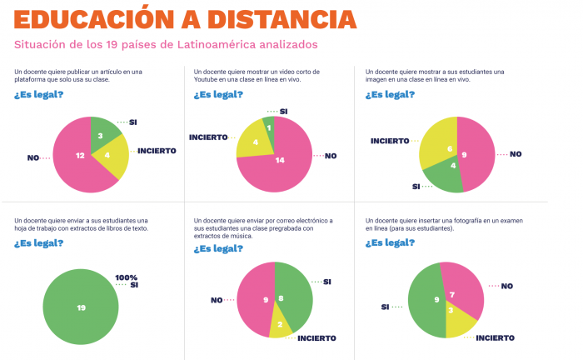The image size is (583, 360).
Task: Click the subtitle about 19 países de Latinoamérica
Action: (x=166, y=44)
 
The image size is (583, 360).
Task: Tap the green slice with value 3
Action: (x=101, y=134)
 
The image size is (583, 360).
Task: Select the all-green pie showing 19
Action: (x=81, y=307)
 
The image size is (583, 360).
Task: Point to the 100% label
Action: (x=127, y=277)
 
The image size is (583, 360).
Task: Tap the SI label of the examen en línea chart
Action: (x=386, y=307)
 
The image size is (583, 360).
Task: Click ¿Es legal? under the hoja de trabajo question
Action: (x=38, y=243)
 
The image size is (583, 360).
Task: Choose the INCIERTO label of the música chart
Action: (x=316, y=338)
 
